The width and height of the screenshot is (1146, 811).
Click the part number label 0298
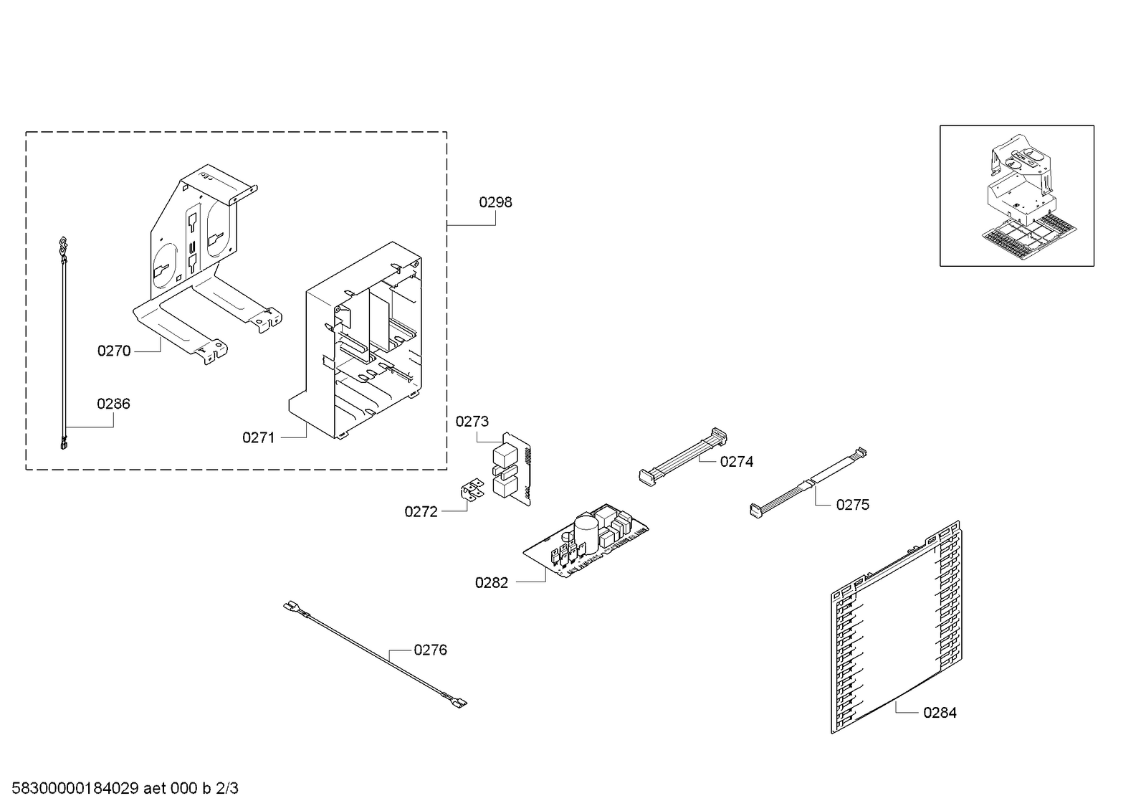pyautogui.click(x=495, y=202)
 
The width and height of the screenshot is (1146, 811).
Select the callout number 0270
pyautogui.click(x=114, y=351)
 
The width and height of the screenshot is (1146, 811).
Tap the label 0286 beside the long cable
pyautogui.click(x=113, y=404)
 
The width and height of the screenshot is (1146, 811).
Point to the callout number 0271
pyautogui.click(x=258, y=437)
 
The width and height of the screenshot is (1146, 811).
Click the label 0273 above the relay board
pyautogui.click(x=472, y=422)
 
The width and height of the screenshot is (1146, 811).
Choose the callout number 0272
pyautogui.click(x=421, y=511)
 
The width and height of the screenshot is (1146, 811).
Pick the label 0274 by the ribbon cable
pyautogui.click(x=736, y=462)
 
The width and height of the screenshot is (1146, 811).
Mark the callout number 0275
pyautogui.click(x=852, y=505)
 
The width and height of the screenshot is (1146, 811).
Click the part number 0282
pyautogui.click(x=491, y=583)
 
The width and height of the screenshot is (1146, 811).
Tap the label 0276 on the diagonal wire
pyautogui.click(x=430, y=650)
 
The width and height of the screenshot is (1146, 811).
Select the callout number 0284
pyautogui.click(x=939, y=712)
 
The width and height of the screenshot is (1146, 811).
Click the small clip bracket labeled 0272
pyautogui.click(x=470, y=490)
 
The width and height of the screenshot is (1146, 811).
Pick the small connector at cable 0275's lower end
pyautogui.click(x=755, y=511)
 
